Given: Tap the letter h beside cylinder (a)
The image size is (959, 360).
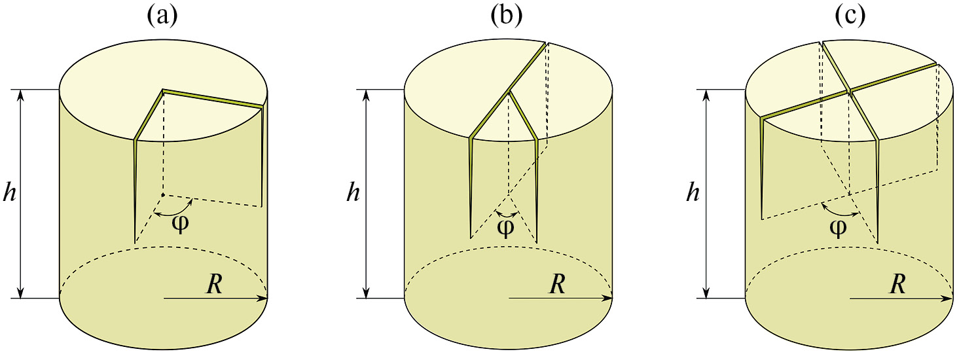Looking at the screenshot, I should coord(9,194).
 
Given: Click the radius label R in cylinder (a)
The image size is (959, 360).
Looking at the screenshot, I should coord(213,283).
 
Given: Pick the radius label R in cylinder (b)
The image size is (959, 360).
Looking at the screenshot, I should coord(557,283).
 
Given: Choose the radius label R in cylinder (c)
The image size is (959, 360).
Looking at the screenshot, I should coord(898,283).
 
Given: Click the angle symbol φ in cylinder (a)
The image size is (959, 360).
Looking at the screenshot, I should coord(179,223).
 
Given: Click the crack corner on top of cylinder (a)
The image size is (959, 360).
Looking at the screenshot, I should coord(163,91).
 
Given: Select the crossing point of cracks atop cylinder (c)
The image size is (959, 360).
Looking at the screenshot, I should coord(849,91).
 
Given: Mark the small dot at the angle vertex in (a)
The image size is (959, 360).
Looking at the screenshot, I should coord(162,194).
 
